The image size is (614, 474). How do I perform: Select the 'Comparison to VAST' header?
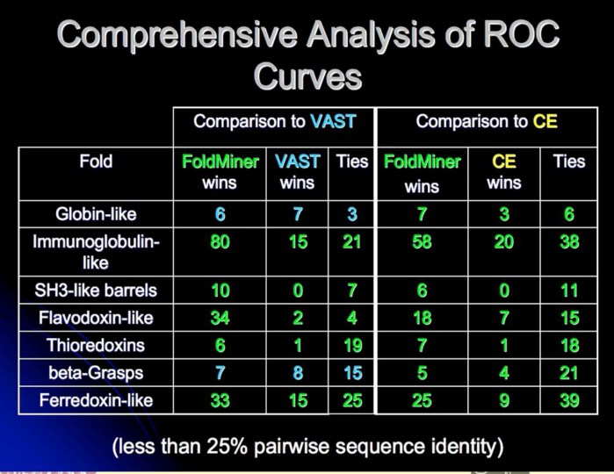pyautogui.click(x=273, y=121)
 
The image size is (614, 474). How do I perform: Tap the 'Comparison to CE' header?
pyautogui.click(x=486, y=121)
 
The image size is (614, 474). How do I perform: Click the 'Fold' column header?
pyautogui.click(x=95, y=162)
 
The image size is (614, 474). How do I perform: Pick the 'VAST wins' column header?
pyautogui.click(x=297, y=172)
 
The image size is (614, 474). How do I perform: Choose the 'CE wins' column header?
pyautogui.click(x=504, y=172)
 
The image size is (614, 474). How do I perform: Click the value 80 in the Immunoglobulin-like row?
pyautogui.click(x=220, y=241)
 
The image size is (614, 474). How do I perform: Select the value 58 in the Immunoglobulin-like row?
pyautogui.click(x=422, y=241)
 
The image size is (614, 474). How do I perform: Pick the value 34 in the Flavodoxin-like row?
pyautogui.click(x=220, y=317)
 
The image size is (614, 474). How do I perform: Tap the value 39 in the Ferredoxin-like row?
pyautogui.click(x=569, y=401)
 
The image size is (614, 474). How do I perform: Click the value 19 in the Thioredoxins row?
pyautogui.click(x=351, y=345)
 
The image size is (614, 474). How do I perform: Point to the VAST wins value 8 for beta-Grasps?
pyautogui.click(x=298, y=373)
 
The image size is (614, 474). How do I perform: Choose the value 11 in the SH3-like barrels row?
pyautogui.click(x=569, y=290)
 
